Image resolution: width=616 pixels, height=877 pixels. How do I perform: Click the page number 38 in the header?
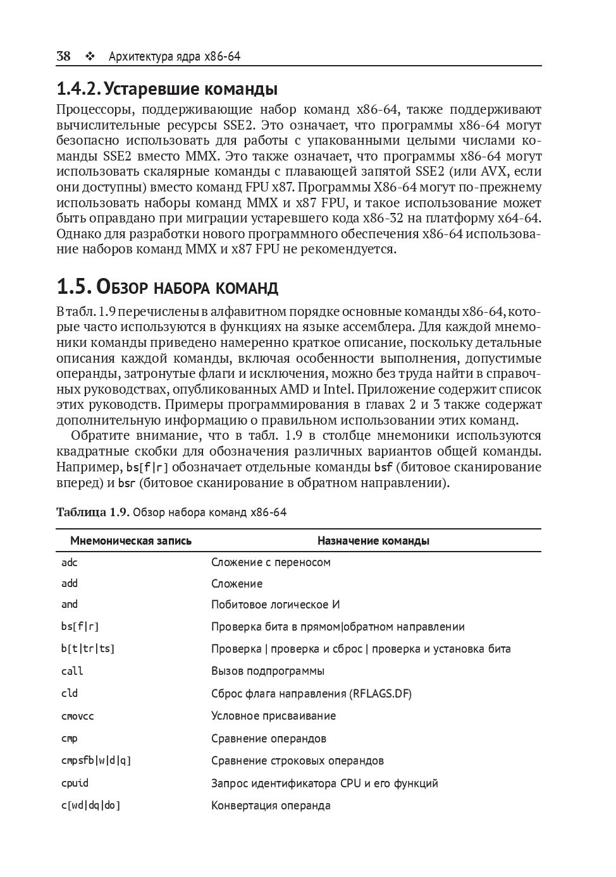click(63, 57)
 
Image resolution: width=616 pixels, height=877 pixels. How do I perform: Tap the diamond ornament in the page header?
click(89, 57)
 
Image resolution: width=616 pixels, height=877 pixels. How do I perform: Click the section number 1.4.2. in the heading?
click(78, 88)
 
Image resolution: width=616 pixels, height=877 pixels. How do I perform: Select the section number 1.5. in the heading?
click(73, 287)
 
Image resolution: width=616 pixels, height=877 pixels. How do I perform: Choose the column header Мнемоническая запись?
click(131, 541)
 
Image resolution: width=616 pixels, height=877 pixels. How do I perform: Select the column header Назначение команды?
click(373, 541)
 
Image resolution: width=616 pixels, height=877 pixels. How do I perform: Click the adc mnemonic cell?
click(70, 562)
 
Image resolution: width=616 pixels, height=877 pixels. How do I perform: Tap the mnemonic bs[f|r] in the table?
click(80, 627)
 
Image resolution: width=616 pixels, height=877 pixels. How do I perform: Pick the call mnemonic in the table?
click(72, 671)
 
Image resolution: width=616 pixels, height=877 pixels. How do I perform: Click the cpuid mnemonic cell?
click(75, 783)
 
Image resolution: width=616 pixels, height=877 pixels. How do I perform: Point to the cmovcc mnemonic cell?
click(77, 716)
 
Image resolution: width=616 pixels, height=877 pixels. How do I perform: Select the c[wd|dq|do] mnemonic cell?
click(90, 806)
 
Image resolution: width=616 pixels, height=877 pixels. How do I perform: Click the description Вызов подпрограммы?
click(268, 671)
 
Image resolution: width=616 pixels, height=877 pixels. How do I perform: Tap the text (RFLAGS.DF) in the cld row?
click(380, 694)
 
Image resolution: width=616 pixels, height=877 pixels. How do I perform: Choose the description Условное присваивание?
click(273, 716)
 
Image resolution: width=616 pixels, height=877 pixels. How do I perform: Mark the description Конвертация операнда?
click(271, 806)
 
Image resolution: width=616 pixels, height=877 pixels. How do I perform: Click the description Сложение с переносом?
click(271, 562)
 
